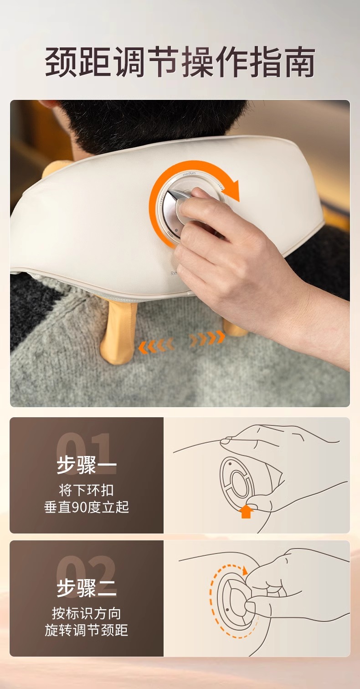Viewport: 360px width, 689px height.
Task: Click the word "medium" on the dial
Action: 189,174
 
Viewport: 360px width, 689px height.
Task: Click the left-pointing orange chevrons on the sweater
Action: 156,345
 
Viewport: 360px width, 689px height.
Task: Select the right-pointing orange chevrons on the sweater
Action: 207,338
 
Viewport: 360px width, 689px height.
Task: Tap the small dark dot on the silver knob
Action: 176,229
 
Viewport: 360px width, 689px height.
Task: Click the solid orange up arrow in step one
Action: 246,512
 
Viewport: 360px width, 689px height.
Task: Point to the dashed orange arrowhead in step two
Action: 245,571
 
